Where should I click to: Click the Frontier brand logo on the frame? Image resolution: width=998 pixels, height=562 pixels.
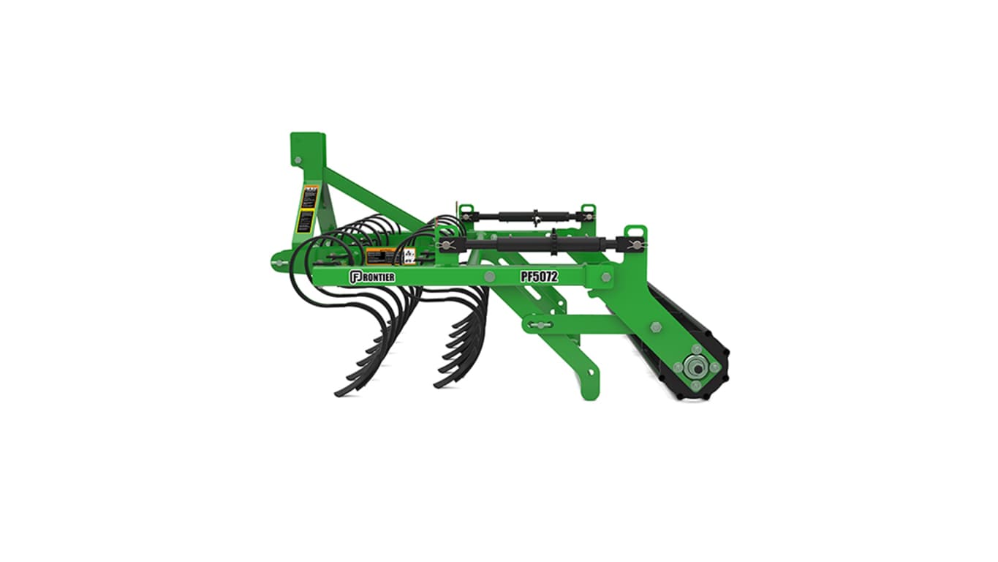[x=372, y=277]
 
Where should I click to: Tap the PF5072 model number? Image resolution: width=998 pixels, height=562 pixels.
[x=539, y=277]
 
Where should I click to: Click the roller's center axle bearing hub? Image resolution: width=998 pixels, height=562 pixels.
[x=695, y=368]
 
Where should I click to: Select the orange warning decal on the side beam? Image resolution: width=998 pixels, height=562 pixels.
[x=381, y=256]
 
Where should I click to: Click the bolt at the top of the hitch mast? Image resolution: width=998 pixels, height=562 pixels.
[x=297, y=160]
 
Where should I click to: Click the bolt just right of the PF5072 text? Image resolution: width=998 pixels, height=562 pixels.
[x=606, y=276]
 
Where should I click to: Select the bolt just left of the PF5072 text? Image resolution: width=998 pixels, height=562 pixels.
[x=489, y=277]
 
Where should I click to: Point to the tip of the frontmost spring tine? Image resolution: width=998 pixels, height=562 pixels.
[x=339, y=394]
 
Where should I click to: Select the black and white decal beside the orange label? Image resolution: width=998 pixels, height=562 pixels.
[x=409, y=255]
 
